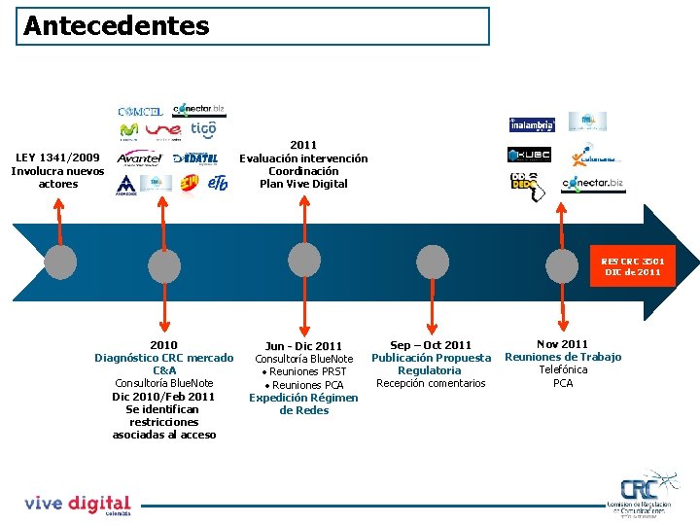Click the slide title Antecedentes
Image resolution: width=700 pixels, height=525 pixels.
point(116,25)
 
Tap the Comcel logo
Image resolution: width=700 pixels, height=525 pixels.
point(140,112)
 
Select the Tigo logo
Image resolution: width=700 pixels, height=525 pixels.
point(203,129)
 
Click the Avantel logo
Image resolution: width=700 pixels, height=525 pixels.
point(139,157)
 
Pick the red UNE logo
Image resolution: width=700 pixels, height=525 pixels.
point(164,130)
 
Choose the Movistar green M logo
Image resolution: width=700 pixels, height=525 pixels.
point(128,130)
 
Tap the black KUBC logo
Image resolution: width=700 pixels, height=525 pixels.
point(529,155)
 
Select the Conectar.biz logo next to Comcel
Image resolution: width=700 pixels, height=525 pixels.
point(198,110)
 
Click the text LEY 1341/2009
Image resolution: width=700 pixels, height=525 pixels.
point(57,157)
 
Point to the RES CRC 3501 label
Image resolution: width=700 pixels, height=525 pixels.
point(632,266)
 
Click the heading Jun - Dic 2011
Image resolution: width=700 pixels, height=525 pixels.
point(303,346)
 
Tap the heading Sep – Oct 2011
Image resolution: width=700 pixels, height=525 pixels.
point(431,345)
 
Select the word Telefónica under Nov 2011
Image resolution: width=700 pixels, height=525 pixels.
point(563,369)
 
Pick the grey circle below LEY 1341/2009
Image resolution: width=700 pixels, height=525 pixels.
point(60,261)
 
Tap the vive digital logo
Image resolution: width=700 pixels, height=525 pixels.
point(77,504)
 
